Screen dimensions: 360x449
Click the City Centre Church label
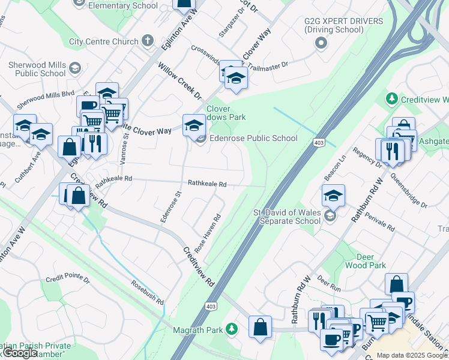[x=103, y=42]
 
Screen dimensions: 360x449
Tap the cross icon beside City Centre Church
[x=148, y=41]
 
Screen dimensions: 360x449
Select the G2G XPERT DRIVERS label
[x=343, y=25]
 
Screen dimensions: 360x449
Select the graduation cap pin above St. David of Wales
[x=333, y=195]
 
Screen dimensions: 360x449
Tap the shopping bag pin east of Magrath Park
[x=260, y=328]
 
